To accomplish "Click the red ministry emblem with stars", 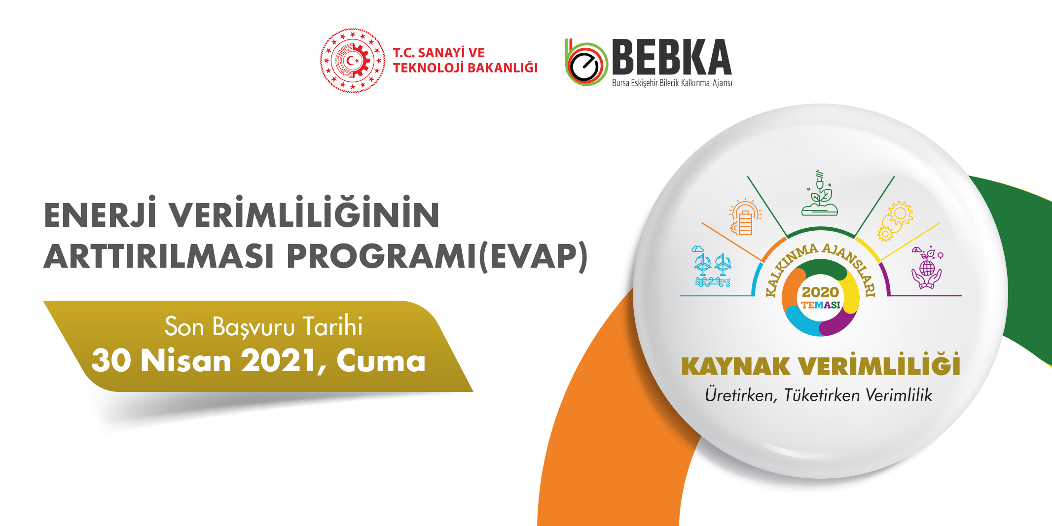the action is [353, 61].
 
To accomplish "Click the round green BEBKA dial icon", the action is [586, 63].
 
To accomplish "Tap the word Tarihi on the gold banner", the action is [332, 326].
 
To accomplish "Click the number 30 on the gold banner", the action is [111, 360].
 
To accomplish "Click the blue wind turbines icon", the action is [712, 266].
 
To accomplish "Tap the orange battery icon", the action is [745, 217].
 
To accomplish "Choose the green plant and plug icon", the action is [820, 193].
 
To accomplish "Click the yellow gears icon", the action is [895, 221].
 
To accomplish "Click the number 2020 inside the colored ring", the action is [820, 292].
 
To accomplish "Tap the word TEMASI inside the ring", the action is [821, 305].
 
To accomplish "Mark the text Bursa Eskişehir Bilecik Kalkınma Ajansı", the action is [672, 83].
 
